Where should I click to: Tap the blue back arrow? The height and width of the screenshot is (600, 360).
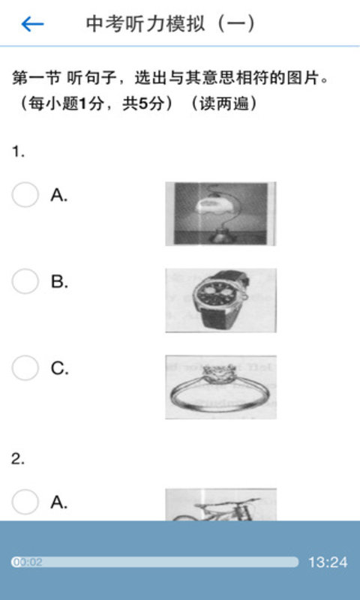coord(32,25)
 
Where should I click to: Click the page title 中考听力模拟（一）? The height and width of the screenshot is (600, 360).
coord(171,24)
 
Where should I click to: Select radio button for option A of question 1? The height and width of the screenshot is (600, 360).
coord(25,195)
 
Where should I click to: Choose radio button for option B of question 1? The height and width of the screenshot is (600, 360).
coord(25,281)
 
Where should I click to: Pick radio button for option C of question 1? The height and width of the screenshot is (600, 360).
coord(25,367)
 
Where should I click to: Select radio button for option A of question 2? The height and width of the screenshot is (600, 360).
coord(25,502)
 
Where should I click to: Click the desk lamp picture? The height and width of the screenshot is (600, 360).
coord(220,214)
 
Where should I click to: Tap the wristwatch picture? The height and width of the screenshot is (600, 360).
coord(220,300)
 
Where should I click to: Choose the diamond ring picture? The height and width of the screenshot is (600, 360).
coord(220,387)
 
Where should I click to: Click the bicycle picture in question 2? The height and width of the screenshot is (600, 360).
coord(220,504)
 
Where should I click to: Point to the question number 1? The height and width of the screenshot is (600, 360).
coord(18,152)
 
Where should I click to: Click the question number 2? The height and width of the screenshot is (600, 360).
coord(18,459)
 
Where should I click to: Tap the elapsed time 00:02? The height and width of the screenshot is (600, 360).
coord(28,562)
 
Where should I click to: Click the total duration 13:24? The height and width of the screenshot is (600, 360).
coord(328,562)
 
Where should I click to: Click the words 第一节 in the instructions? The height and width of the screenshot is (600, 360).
coord(36,79)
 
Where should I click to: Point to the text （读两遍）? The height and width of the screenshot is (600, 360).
coord(223,103)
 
